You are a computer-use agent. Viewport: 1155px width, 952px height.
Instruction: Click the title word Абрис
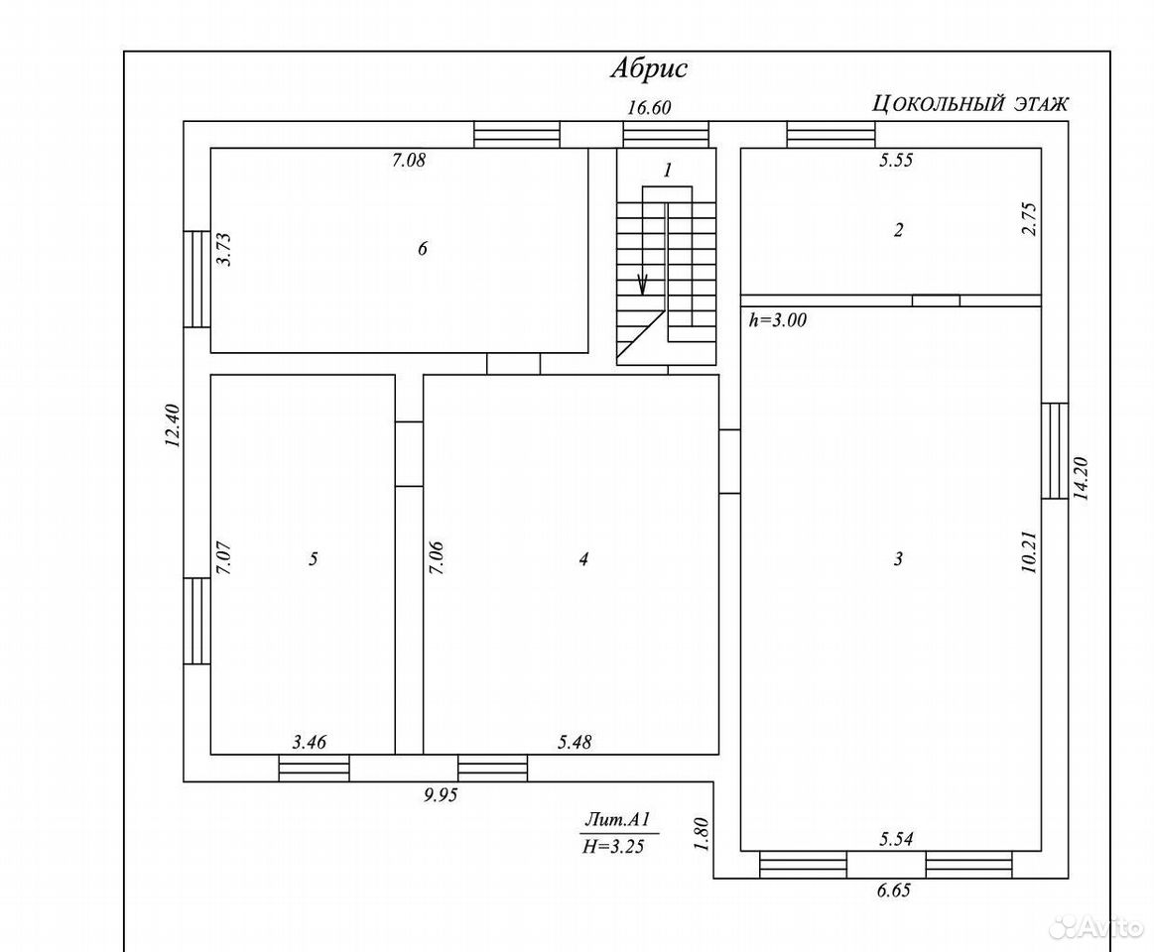(649, 68)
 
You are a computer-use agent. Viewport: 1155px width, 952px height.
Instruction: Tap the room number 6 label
(422, 249)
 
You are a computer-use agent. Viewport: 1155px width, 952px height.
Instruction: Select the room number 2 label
(898, 230)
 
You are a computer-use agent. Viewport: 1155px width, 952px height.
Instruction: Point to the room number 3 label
(898, 559)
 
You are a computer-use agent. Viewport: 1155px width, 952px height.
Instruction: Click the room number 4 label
(583, 559)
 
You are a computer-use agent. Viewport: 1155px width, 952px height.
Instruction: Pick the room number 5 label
(313, 559)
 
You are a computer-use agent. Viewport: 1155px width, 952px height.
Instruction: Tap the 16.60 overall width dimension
(649, 107)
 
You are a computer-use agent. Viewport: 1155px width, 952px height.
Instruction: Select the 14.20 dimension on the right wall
(1081, 479)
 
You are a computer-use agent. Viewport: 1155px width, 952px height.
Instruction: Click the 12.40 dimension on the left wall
(172, 425)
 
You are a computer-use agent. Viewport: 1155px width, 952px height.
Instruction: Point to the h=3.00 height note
(778, 320)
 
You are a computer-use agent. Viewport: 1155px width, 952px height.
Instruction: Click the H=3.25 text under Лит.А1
(613, 847)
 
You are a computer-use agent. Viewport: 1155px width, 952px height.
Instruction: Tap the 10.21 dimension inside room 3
(1029, 552)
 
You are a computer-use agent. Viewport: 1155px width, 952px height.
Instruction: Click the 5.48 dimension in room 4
(575, 742)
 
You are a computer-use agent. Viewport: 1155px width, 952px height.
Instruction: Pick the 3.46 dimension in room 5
(310, 742)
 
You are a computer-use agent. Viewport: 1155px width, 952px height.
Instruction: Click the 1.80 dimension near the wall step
(701, 834)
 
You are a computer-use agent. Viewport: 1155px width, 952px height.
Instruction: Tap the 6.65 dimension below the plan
(893, 891)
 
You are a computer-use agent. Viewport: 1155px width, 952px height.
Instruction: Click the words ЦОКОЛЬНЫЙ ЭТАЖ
(970, 104)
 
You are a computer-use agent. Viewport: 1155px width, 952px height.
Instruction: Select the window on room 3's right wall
(1054, 450)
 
